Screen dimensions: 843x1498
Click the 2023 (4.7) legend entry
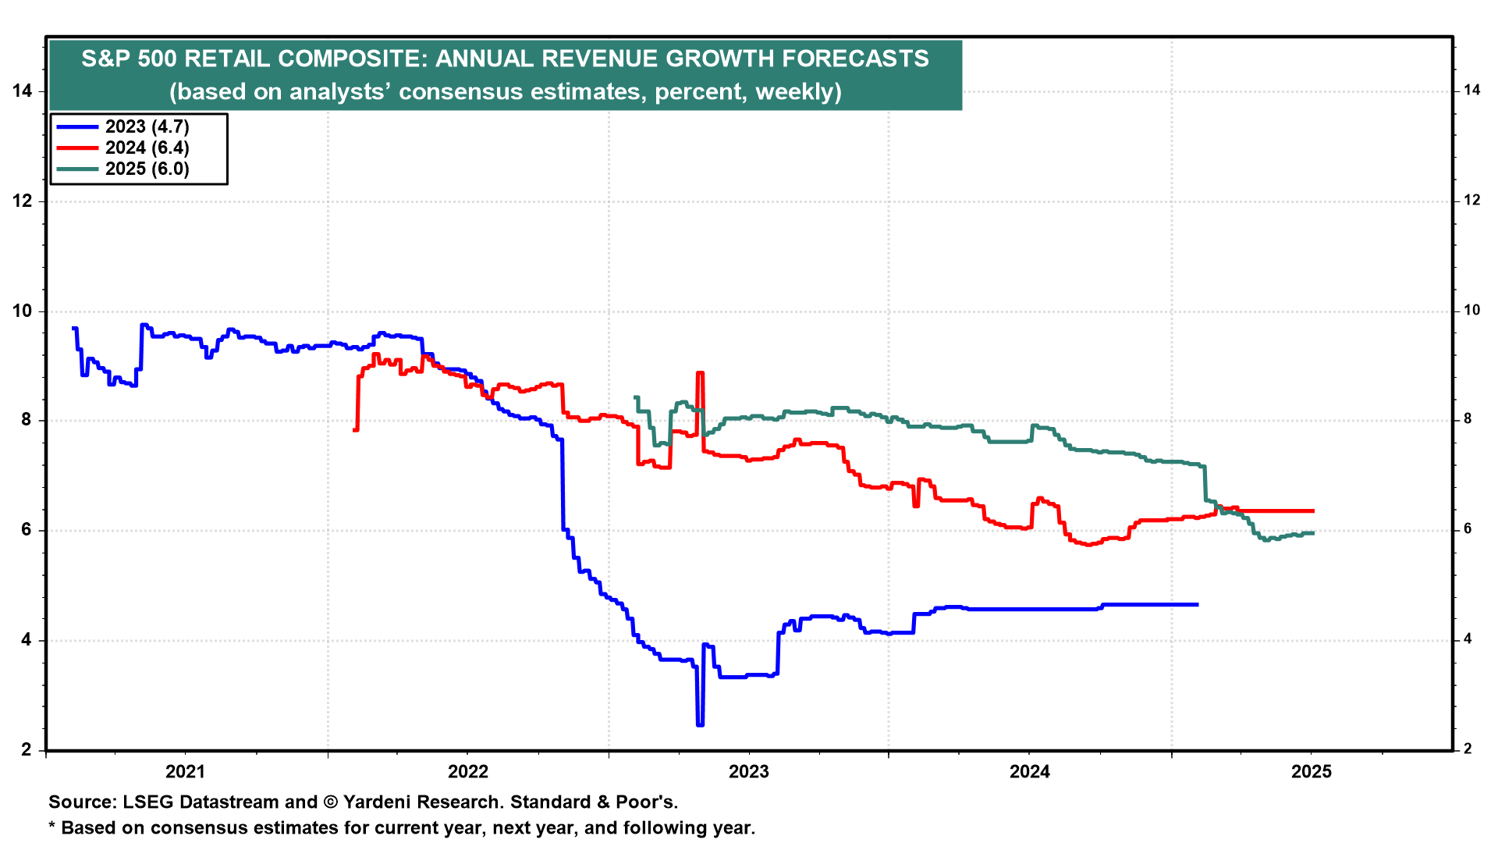coord(147,126)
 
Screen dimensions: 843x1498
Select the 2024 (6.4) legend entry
coord(147,148)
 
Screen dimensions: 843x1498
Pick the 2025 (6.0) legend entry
coord(147,169)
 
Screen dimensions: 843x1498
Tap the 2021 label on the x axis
coord(185,772)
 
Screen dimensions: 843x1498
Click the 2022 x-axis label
coord(467,772)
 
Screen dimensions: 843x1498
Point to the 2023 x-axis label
coord(748,772)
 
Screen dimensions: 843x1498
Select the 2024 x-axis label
coord(1030,772)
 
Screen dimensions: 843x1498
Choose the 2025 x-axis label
coord(1312,772)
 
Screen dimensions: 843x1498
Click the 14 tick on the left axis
coord(22,91)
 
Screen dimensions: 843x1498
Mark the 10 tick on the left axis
coord(22,311)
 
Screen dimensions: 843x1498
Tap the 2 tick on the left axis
coord(27,750)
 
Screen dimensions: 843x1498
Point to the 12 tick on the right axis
coord(1471,201)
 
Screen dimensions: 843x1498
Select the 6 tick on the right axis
coord(1468,529)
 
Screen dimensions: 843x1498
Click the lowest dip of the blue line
coord(700,725)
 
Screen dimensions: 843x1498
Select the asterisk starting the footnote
coord(52,826)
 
